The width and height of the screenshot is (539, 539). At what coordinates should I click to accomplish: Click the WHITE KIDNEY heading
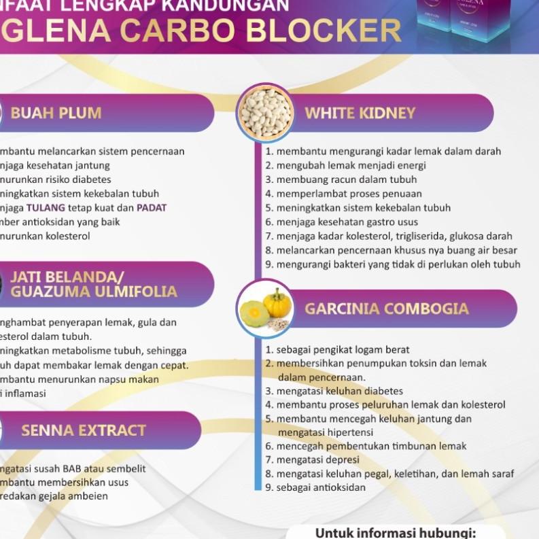(360, 113)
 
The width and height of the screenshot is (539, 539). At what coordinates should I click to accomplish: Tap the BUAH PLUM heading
(56, 113)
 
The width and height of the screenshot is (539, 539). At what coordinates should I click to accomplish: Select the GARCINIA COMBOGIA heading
(387, 309)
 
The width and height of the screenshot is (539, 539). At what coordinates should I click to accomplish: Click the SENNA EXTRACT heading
(84, 430)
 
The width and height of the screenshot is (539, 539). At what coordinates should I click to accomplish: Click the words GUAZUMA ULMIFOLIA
(94, 292)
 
